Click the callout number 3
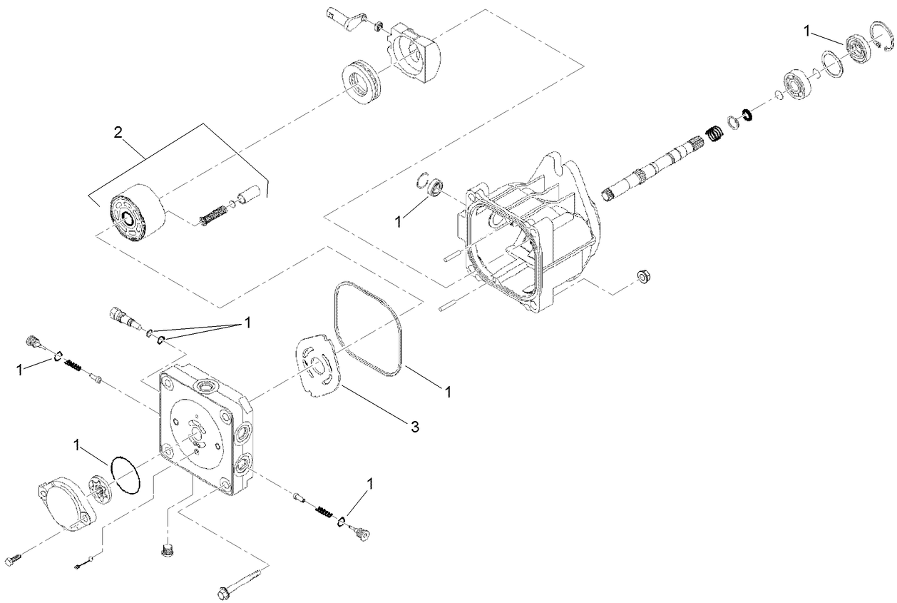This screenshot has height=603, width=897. coord(414,427)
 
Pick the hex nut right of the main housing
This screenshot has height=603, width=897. coord(641,276)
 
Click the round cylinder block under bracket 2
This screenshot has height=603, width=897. coord(135,214)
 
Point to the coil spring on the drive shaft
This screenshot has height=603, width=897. coord(714,133)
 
